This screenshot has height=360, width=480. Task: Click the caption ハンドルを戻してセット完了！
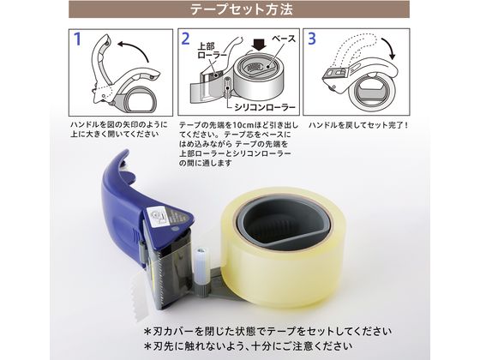click(358, 126)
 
